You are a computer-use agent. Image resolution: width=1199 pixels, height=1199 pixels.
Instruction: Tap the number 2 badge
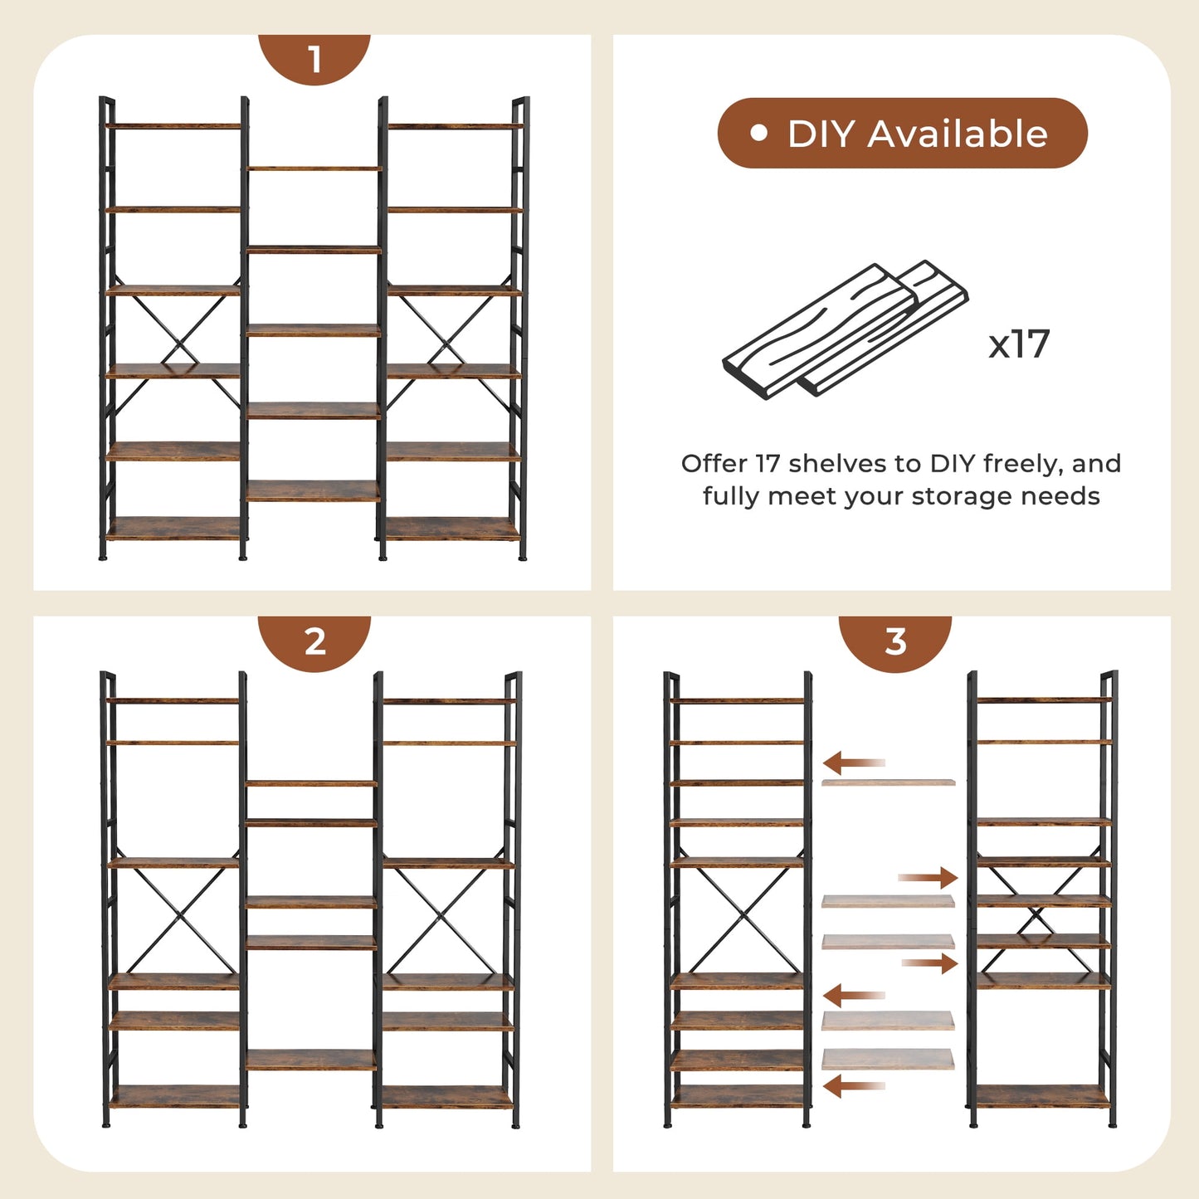coord(314,641)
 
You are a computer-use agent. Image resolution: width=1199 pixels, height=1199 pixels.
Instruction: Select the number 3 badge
coord(894,641)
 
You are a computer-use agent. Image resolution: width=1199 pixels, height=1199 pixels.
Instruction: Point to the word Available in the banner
coord(958,134)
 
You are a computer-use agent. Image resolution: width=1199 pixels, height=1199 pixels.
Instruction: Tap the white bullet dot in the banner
coord(758,133)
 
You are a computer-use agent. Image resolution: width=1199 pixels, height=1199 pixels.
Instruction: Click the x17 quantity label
coord(1019,344)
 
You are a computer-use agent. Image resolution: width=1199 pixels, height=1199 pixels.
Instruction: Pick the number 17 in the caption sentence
coord(768,463)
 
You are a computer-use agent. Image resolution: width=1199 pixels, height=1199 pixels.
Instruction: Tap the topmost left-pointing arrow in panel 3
coord(854,763)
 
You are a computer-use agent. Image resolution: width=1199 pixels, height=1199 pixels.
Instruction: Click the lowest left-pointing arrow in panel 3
coord(854,1085)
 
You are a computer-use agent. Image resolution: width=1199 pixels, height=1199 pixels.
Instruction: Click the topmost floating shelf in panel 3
coord(888,782)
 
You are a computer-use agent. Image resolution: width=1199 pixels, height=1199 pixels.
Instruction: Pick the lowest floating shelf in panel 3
coord(888,1060)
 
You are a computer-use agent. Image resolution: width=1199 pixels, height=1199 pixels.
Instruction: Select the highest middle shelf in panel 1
coord(314,168)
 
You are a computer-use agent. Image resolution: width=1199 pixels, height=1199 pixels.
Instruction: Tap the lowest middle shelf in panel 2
coord(311,1060)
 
